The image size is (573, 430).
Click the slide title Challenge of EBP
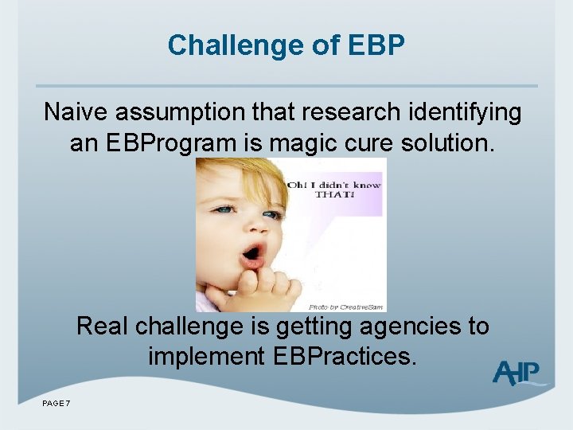(286, 45)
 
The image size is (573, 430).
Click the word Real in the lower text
(103, 326)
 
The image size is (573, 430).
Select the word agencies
(403, 326)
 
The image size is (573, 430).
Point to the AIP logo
(517, 373)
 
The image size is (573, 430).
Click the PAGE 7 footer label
(57, 404)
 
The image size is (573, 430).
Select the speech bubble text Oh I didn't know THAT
(334, 190)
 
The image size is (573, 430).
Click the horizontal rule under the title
(286, 86)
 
